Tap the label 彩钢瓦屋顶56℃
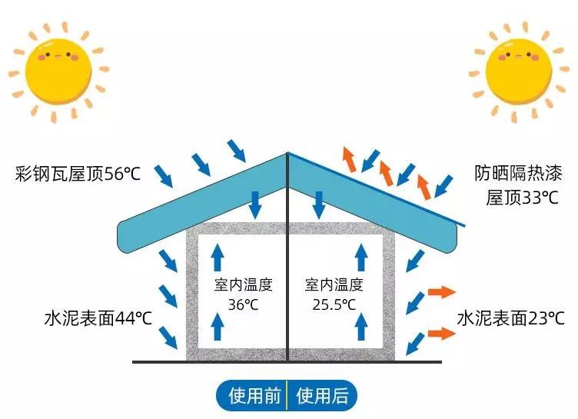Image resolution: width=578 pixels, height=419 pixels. (x=78, y=173)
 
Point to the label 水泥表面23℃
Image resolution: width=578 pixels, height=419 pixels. (x=511, y=318)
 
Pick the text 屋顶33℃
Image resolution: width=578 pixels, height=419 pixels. (x=522, y=198)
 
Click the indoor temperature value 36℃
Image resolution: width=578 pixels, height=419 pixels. (x=243, y=304)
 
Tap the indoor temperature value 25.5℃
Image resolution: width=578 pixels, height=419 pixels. (x=334, y=304)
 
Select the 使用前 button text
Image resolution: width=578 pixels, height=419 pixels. (x=254, y=396)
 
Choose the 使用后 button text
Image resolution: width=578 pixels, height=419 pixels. (x=322, y=396)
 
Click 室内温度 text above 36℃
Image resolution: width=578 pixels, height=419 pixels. (x=243, y=285)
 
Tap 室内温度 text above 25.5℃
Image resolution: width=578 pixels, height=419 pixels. (x=334, y=285)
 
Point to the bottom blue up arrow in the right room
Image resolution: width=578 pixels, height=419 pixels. (x=359, y=328)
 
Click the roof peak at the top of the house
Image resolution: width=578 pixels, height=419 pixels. (x=287, y=153)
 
